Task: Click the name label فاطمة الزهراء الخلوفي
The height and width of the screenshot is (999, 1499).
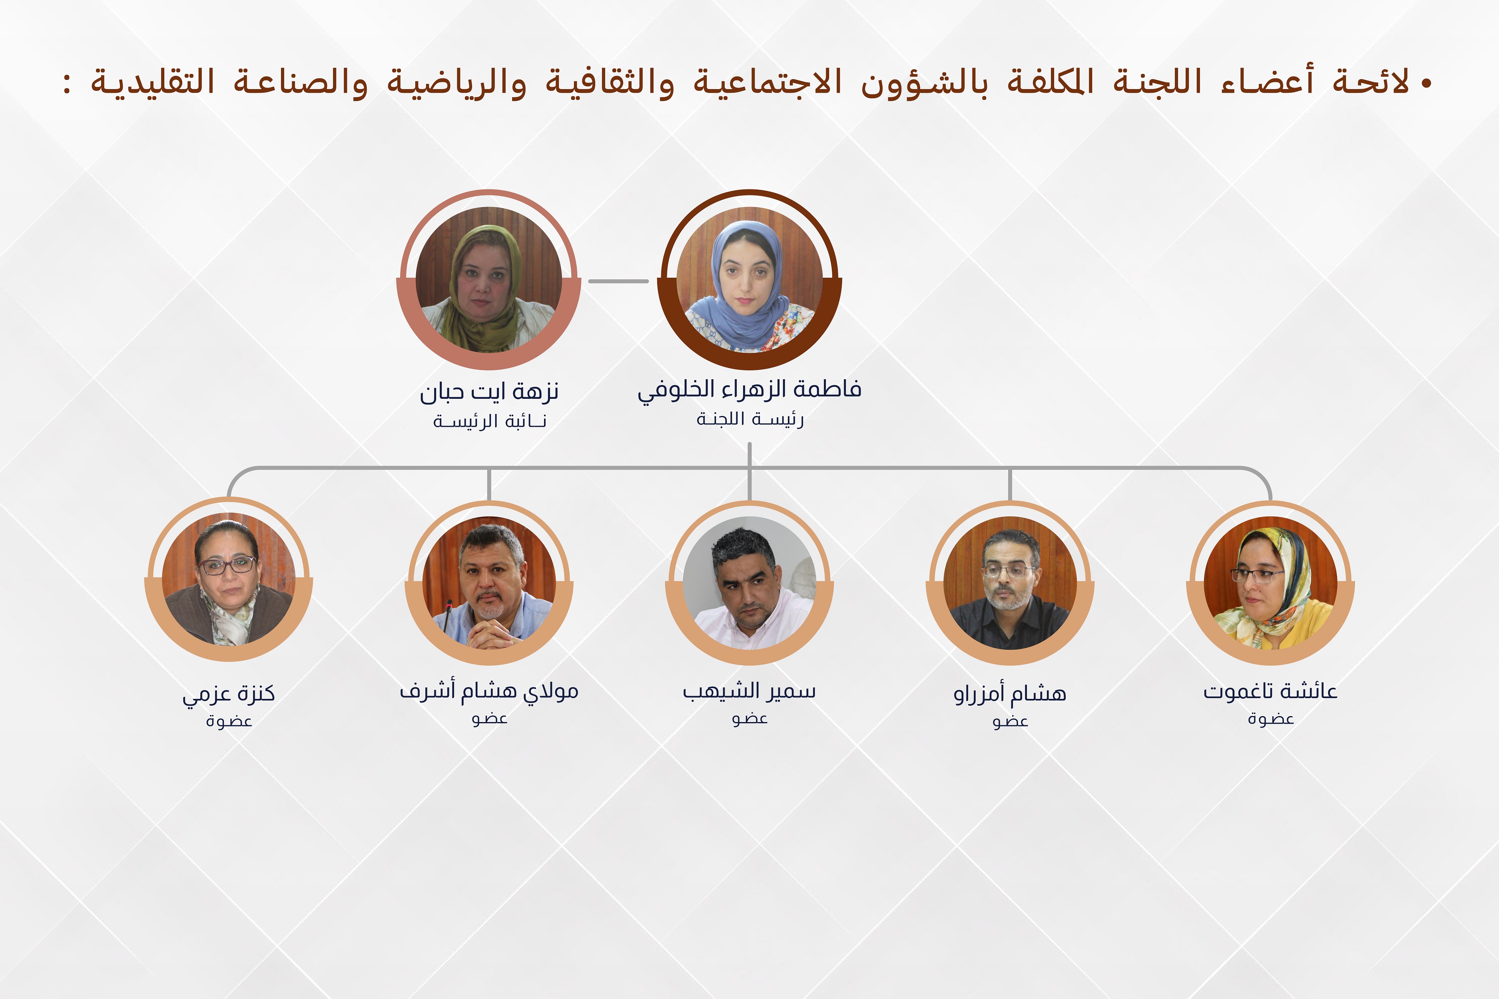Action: click(749, 389)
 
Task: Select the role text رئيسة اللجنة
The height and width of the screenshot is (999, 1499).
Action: click(749, 419)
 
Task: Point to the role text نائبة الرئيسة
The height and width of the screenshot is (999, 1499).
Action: click(489, 421)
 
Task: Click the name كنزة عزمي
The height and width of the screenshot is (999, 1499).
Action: click(229, 693)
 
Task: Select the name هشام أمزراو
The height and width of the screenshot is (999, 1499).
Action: click(1010, 693)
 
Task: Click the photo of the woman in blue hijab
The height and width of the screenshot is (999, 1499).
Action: click(749, 281)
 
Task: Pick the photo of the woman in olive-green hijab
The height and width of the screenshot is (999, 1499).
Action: click(489, 281)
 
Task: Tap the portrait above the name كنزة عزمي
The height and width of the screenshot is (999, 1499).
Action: click(229, 580)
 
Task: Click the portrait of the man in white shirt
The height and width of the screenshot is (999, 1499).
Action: click(749, 583)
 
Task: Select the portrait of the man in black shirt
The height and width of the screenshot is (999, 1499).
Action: click(1010, 583)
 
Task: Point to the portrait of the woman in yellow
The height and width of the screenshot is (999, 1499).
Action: click(1270, 583)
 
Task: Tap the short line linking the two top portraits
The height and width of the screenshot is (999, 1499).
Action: click(618, 281)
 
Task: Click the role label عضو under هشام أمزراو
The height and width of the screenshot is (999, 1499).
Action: click(1010, 721)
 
